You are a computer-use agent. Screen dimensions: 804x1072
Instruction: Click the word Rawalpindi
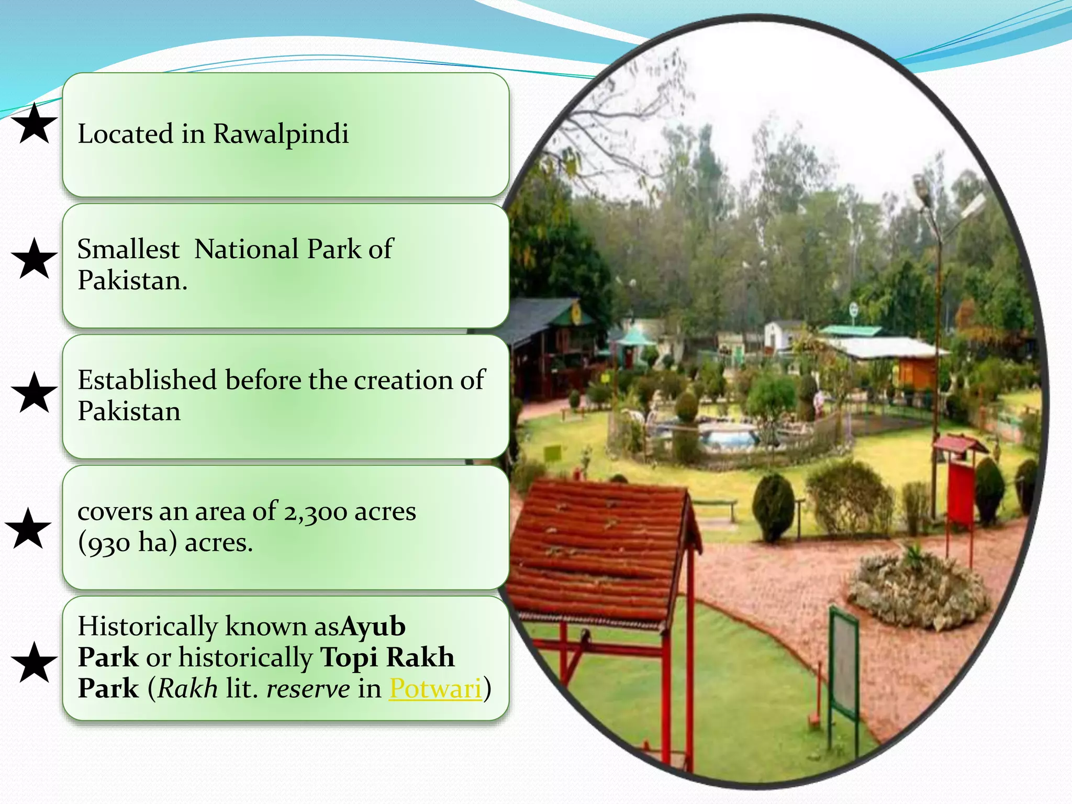click(281, 134)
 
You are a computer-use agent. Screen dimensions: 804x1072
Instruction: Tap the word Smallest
click(128, 249)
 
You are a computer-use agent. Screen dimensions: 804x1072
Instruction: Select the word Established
click(147, 380)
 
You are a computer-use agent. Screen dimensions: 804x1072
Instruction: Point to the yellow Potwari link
click(435, 688)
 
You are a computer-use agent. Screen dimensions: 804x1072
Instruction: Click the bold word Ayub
click(373, 627)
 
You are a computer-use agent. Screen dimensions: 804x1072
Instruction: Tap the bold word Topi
click(350, 657)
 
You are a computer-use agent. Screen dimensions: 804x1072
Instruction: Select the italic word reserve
click(308, 688)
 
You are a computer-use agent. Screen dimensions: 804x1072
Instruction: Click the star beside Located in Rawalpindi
click(34, 124)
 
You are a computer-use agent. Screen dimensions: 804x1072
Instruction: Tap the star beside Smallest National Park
click(34, 259)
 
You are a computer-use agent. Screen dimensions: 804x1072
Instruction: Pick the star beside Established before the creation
click(34, 393)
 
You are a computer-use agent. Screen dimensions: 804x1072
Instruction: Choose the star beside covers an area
click(29, 529)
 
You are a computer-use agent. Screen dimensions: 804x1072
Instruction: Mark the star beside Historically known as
click(34, 663)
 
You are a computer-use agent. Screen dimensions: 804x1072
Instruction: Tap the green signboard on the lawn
click(844, 665)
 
